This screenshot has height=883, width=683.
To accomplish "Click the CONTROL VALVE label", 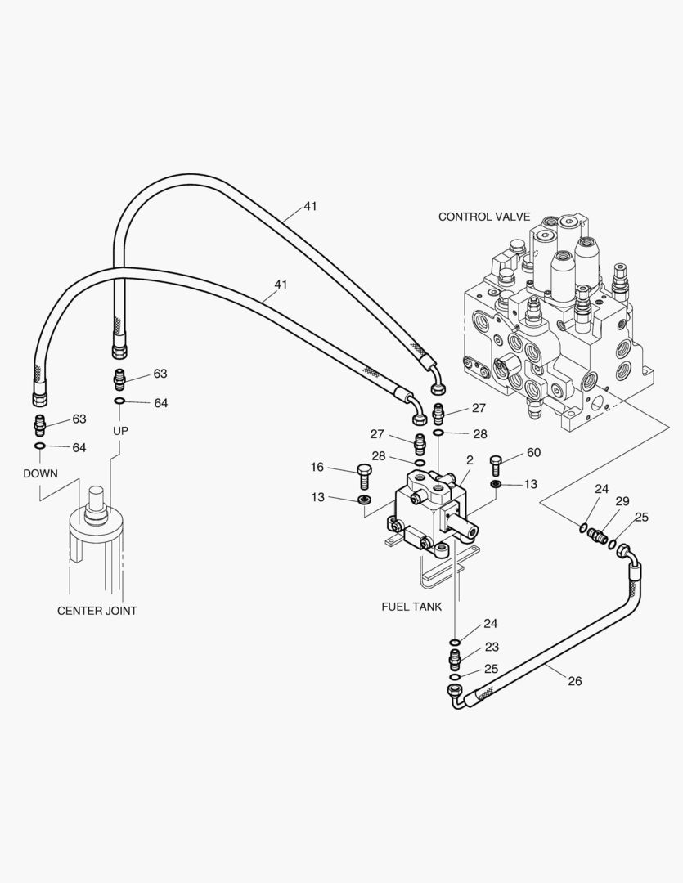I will [x=483, y=217].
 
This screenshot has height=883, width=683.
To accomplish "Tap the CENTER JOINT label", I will [x=97, y=611].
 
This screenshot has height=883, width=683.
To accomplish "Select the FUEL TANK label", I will [x=411, y=607].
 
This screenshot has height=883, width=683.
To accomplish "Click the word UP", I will [x=120, y=431].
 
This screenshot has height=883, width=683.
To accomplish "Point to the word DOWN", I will [x=40, y=473].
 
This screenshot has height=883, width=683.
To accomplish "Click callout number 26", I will [x=574, y=680].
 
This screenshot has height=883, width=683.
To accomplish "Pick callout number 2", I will [x=470, y=461].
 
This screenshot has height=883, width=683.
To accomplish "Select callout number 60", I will [x=533, y=452].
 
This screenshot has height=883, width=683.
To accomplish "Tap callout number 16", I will [x=317, y=467].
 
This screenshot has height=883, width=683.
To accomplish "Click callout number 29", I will [x=622, y=500].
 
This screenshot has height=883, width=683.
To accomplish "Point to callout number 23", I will [x=491, y=646].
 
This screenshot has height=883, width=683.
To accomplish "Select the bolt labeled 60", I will [x=496, y=465].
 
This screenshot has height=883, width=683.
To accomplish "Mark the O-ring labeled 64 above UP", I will [x=119, y=401].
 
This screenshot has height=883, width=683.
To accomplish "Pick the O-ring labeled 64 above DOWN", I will [x=39, y=446].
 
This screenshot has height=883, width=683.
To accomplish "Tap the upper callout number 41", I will [x=310, y=206].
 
